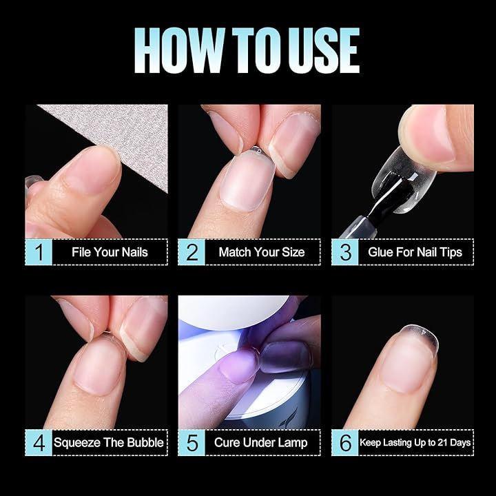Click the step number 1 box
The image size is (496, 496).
pos(39,252)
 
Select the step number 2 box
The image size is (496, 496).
pos(192,252)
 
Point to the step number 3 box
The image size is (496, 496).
pos(345,252)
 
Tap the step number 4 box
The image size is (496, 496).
pos(39,442)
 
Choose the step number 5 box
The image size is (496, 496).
pos(192,442)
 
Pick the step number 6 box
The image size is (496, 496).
pos(345,442)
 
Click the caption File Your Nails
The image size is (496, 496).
pos(110,252)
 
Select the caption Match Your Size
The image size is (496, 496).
pos(262,252)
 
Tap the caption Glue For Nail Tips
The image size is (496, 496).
pos(415,252)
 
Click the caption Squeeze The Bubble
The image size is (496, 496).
pos(109,442)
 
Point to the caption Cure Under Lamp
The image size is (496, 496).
pos(260,443)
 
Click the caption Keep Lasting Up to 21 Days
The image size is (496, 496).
pos(415,442)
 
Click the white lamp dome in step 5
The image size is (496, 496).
pos(234,311)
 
